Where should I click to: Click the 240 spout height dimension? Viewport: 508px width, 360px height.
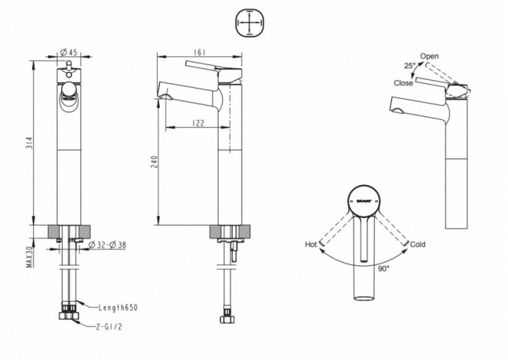(155, 162)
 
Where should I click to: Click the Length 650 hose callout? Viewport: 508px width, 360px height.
(118, 308)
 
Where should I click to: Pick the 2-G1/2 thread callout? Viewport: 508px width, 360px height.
(109, 328)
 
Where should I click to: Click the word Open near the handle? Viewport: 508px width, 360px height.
(429, 56)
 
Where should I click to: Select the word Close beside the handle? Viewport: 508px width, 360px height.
(403, 83)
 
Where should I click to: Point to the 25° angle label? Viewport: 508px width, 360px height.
(409, 66)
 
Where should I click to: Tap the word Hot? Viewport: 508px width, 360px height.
(311, 244)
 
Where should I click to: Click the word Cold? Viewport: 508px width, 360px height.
(418, 244)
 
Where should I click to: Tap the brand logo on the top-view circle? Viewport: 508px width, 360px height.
(364, 199)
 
